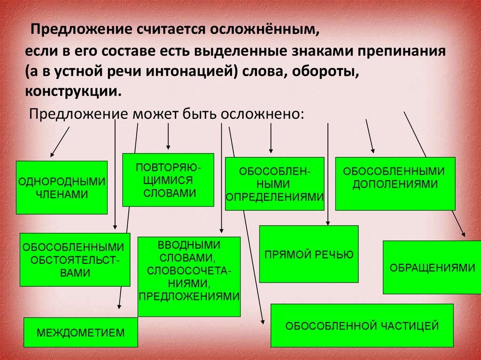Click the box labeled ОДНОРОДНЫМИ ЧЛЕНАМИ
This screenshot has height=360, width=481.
pyautogui.click(x=62, y=187)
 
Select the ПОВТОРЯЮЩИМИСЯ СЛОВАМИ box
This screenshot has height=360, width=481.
pyautogui.click(x=168, y=180)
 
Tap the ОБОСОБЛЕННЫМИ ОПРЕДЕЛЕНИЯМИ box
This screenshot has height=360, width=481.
pyautogui.click(x=274, y=184)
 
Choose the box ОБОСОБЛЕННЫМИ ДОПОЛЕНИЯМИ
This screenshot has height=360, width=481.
pyautogui.click(x=395, y=183)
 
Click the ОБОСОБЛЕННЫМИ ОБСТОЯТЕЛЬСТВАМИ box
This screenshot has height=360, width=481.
pyautogui.click(x=75, y=259)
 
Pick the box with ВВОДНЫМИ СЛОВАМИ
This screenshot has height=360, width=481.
pyautogui.click(x=189, y=276)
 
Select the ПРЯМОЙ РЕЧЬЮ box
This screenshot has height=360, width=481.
pyautogui.click(x=309, y=254)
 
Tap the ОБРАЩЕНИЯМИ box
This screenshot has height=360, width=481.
pyautogui.click(x=432, y=267)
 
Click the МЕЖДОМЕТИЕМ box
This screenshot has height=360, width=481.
pyautogui.click(x=81, y=332)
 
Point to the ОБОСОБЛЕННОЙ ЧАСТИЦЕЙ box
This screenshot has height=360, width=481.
pyautogui.click(x=362, y=325)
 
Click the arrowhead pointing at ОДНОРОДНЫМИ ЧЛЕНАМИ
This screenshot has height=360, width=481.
pyautogui.click(x=52, y=154)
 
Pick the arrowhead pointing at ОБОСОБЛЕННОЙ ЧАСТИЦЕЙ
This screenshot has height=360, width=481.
pyautogui.click(x=263, y=322)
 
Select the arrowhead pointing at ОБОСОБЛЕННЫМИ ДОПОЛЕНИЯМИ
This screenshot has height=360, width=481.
pyautogui.click(x=373, y=150)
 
